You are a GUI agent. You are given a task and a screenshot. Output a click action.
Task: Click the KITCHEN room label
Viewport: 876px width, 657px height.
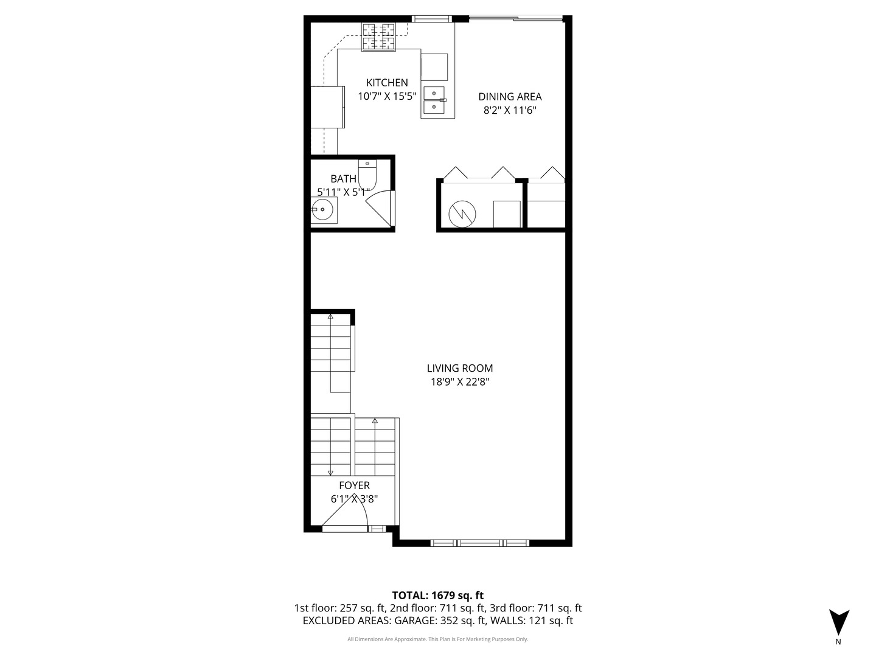click(387, 83)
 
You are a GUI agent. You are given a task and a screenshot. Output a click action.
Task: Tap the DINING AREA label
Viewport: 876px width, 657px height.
click(510, 97)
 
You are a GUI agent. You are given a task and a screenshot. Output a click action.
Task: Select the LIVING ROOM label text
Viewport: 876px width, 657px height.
click(460, 368)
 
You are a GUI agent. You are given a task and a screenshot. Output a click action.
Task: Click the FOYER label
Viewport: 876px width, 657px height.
click(354, 485)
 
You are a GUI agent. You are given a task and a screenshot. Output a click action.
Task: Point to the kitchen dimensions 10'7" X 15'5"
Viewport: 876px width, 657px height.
click(387, 96)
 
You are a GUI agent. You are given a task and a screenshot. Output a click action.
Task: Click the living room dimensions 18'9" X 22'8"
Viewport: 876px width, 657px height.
click(460, 382)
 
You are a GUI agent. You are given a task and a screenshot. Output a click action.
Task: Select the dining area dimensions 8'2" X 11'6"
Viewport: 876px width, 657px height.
click(510, 111)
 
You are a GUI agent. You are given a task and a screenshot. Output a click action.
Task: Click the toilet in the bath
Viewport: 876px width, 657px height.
click(367, 175)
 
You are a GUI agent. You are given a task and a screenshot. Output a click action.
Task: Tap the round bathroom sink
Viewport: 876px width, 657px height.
click(322, 210)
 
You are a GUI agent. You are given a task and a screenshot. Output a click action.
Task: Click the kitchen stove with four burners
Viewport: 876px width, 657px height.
click(378, 36)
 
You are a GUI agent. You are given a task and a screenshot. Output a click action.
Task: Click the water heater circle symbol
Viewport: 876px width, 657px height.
click(462, 214)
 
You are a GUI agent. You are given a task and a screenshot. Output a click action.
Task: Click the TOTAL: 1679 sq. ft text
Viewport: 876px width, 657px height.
click(437, 596)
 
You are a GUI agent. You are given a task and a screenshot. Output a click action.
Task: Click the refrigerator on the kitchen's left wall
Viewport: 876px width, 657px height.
click(328, 106)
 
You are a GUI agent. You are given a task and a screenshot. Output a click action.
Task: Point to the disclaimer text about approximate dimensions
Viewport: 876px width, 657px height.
click(437, 639)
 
